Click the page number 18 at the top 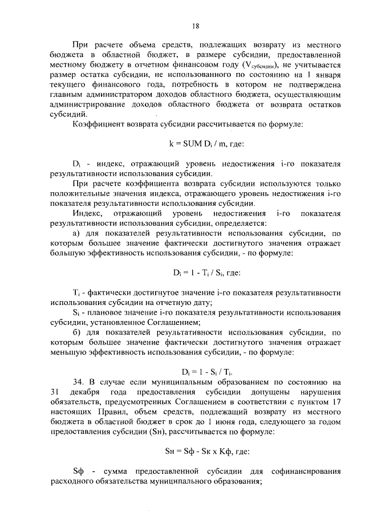pyautogui.click(x=195, y=26)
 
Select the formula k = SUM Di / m pyautogui.click(x=195, y=144)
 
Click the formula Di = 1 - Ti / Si pyautogui.click(x=195, y=272)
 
